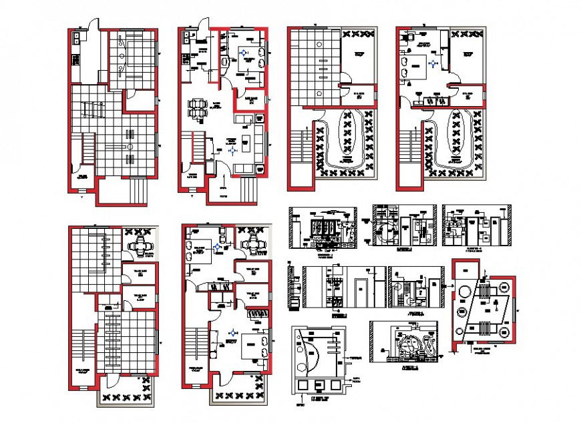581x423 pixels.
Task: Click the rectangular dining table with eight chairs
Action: [x=198, y=108]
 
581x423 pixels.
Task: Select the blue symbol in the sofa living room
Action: [x=232, y=151]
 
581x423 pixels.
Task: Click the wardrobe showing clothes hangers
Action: [x=256, y=312]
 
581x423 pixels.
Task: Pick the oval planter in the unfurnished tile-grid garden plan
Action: [x=347, y=139]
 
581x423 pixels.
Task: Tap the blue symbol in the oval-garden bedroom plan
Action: [x=435, y=63]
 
